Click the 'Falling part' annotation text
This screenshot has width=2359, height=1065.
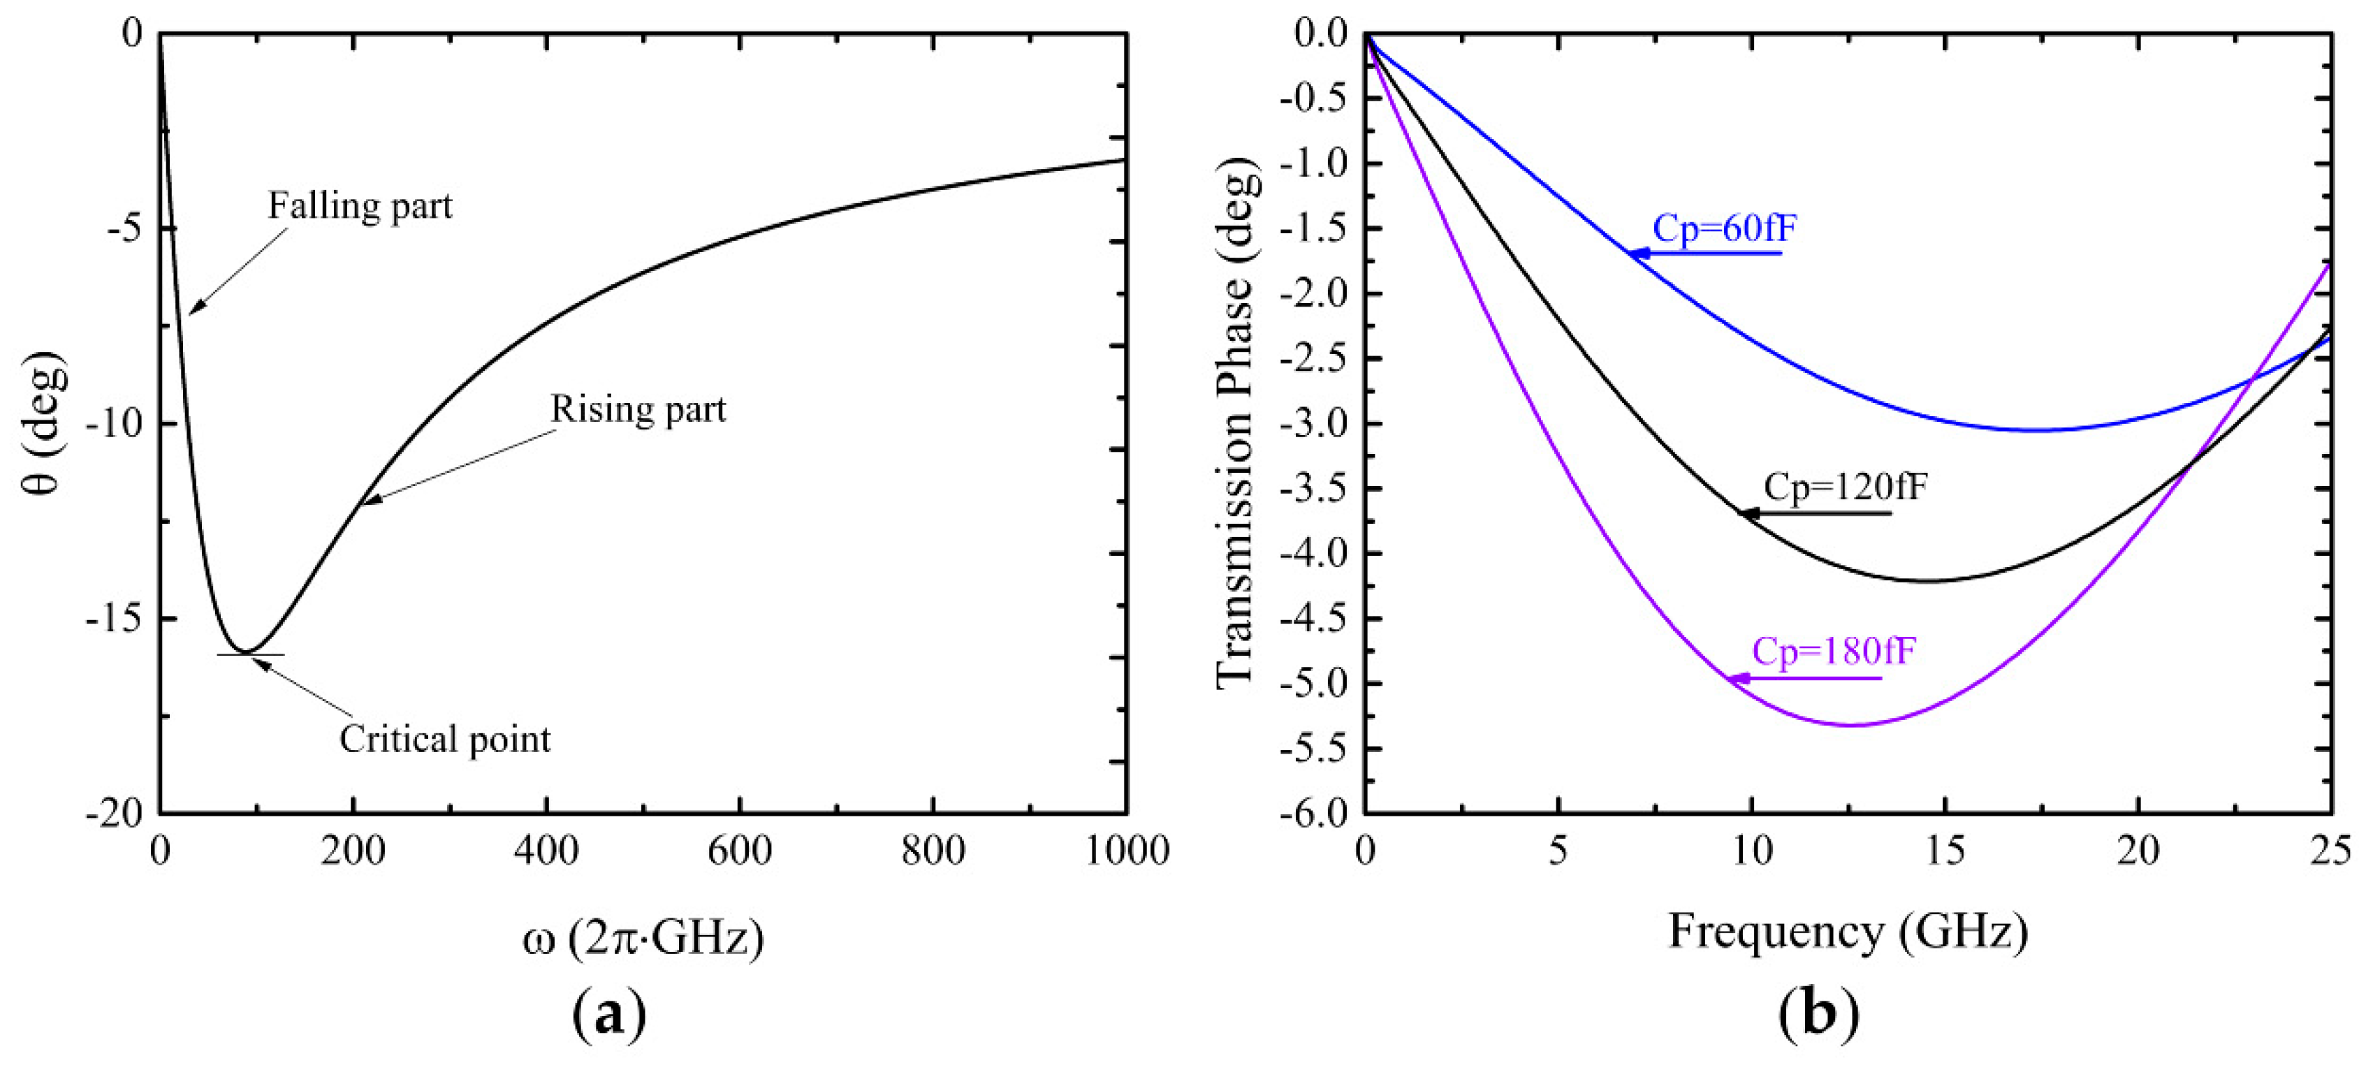[360, 207]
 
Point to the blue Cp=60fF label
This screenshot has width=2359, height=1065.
[1725, 229]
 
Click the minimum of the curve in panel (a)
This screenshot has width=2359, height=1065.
[244, 652]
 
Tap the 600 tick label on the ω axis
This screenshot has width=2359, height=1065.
[739, 851]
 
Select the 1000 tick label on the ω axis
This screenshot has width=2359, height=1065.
[1126, 851]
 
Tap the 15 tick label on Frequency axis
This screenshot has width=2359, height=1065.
[1944, 851]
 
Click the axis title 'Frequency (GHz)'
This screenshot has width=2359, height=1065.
[1848, 932]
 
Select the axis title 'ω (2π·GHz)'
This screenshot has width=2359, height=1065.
[643, 938]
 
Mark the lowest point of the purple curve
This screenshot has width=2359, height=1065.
[1852, 726]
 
